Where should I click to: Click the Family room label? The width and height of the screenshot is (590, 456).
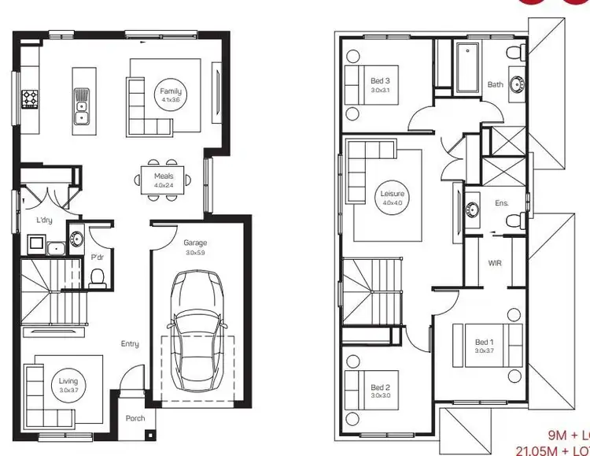tap(171, 95)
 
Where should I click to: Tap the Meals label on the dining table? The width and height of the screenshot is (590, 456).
tap(164, 180)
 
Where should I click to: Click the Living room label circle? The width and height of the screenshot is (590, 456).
tap(68, 385)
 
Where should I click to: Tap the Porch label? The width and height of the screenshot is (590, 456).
tap(135, 418)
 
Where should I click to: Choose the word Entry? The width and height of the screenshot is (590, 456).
tap(130, 343)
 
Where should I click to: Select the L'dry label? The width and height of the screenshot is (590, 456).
tap(44, 221)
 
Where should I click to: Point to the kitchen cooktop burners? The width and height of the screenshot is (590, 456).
tap(30, 99)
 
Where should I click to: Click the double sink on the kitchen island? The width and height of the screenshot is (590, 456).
tap(81, 107)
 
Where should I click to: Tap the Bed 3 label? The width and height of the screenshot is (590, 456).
tap(380, 85)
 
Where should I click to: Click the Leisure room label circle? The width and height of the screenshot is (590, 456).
tap(392, 197)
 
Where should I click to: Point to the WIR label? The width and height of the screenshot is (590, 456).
tap(495, 262)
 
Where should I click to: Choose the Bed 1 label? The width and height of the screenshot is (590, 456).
tap(483, 346)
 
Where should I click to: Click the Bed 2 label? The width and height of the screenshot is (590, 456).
tap(380, 391)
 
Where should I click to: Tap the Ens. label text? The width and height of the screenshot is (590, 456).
tap(502, 202)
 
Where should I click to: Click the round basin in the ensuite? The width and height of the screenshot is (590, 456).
tap(473, 209)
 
